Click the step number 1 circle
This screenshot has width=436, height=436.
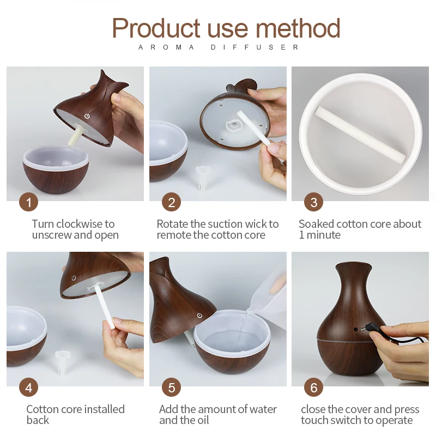tap(28, 203)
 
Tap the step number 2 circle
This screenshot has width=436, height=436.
tap(171, 203)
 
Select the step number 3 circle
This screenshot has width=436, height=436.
tap(313, 203)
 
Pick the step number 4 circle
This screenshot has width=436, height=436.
tap(28, 387)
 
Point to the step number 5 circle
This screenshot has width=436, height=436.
tap(171, 387)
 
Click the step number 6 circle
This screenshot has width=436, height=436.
tap(313, 387)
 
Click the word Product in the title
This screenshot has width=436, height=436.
tap(156, 28)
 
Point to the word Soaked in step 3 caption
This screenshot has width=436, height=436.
tap(316, 224)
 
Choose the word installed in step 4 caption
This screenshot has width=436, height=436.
tap(103, 409)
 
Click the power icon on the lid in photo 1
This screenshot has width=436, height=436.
tap(86, 116)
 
